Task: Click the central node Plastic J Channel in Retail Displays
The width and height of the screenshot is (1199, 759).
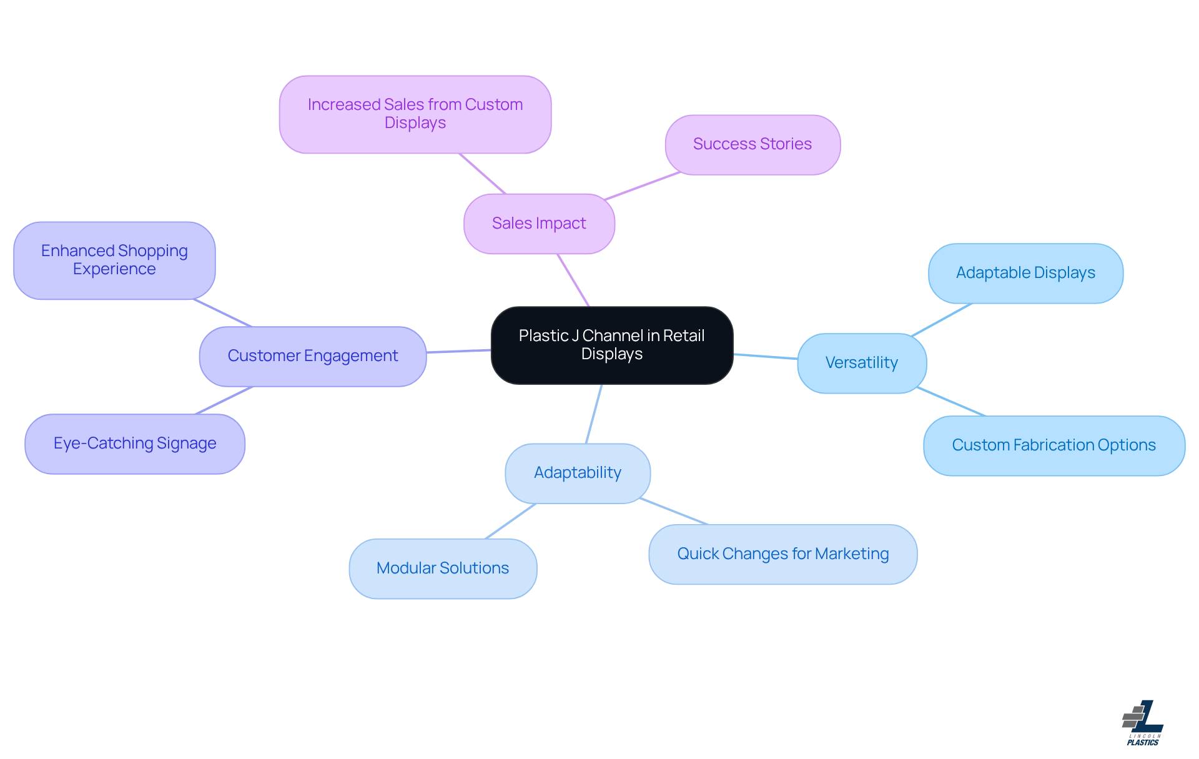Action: click(x=612, y=345)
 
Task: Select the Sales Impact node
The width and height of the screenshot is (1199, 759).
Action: click(x=539, y=224)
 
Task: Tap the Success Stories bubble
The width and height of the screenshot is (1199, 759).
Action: click(x=752, y=144)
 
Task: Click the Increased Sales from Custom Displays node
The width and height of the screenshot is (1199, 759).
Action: click(x=415, y=114)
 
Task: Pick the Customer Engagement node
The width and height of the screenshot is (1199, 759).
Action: click(x=313, y=356)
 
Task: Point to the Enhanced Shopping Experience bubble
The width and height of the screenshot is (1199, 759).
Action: click(x=114, y=260)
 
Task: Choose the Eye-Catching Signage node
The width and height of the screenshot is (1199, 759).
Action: click(x=135, y=444)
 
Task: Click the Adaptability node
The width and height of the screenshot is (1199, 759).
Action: click(x=578, y=473)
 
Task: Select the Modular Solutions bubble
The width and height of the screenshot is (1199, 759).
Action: click(x=443, y=568)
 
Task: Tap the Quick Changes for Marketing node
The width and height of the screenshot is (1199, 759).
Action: click(x=783, y=554)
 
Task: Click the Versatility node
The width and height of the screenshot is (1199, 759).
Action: click(x=862, y=363)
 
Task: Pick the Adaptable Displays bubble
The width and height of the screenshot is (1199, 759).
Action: click(x=1025, y=273)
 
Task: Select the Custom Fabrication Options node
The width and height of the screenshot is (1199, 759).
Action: click(x=1054, y=445)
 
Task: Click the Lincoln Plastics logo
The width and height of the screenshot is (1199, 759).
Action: click(x=1143, y=723)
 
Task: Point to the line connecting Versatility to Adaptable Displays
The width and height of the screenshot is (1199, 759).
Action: click(x=942, y=320)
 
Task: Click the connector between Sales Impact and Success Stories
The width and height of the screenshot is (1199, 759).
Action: click(x=642, y=186)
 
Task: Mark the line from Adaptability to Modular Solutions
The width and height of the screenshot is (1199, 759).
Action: click(x=511, y=521)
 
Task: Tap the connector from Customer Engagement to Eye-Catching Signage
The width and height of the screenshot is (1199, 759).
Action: click(x=224, y=400)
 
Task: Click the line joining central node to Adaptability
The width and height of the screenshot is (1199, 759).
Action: click(x=594, y=414)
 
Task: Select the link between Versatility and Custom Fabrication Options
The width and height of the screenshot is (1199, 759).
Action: click(x=951, y=402)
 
